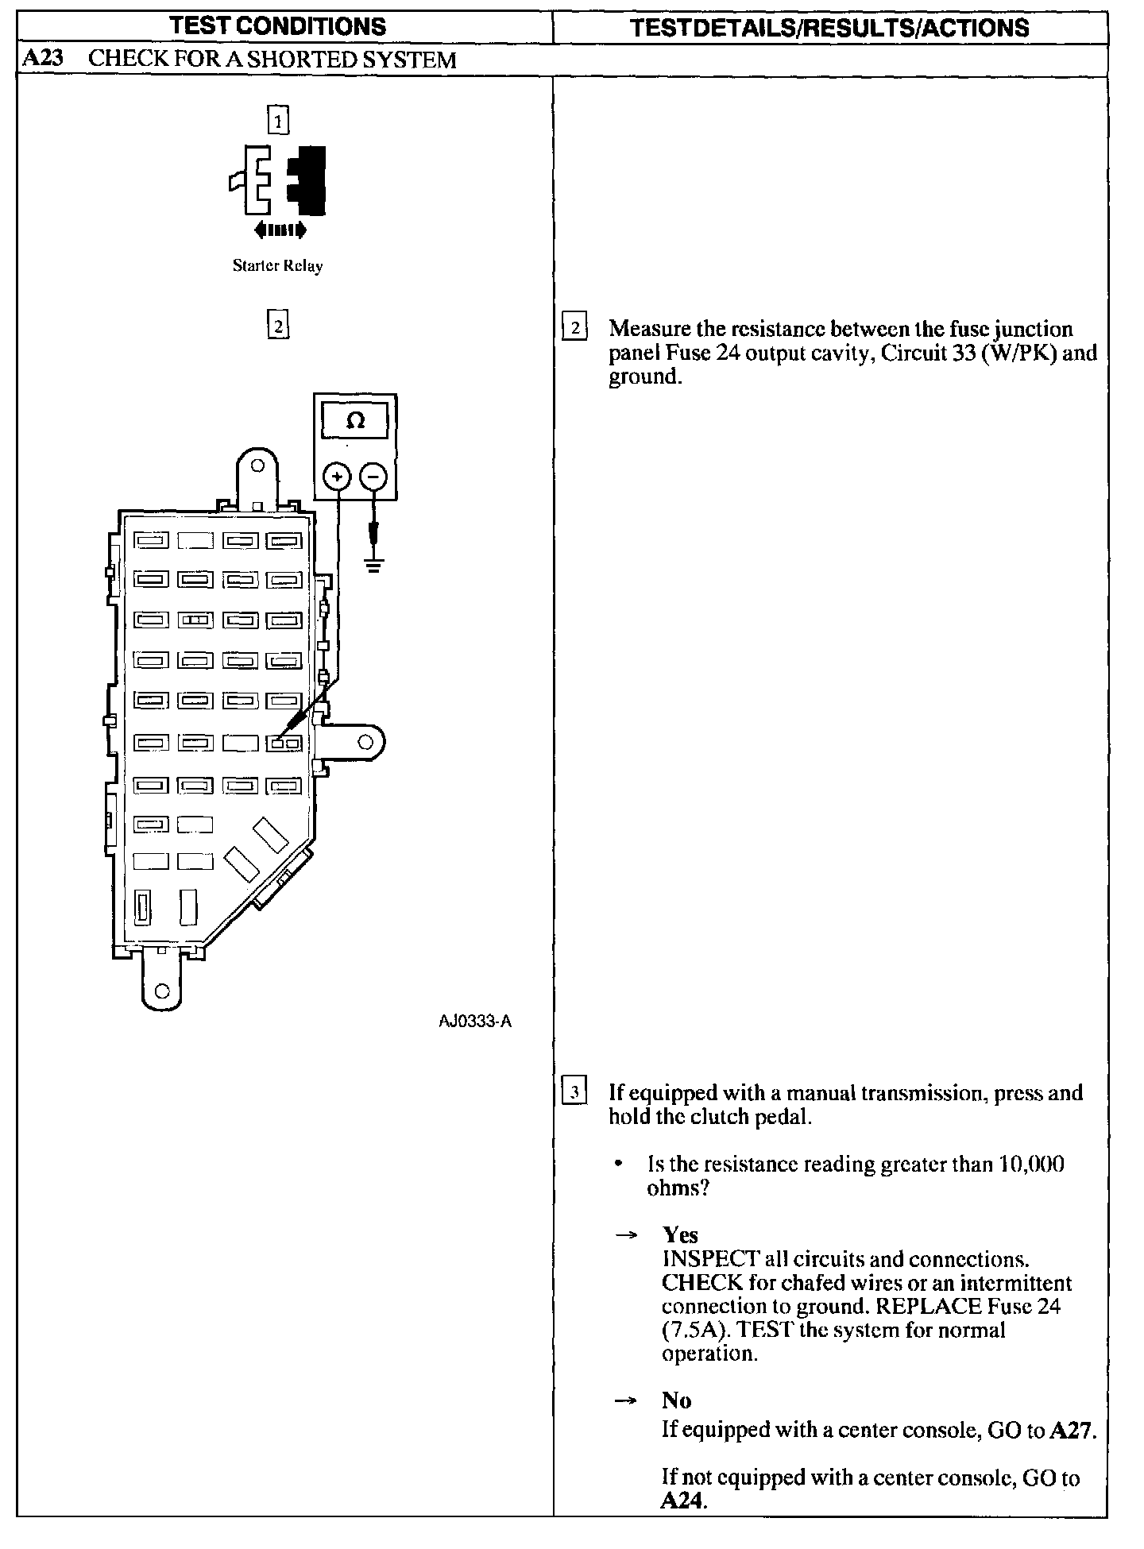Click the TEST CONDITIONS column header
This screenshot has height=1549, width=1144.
[x=278, y=26]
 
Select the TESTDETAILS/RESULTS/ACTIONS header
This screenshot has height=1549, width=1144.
[x=829, y=28]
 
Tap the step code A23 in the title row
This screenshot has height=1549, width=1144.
[x=42, y=59]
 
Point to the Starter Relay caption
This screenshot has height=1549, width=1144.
[x=277, y=266]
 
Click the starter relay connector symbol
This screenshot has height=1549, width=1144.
[x=278, y=180]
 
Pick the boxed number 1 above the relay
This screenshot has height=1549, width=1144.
[x=278, y=122]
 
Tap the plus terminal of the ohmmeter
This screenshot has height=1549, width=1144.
[x=338, y=477]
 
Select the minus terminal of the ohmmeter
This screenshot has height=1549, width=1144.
[x=373, y=477]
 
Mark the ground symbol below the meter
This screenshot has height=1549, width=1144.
[x=373, y=565]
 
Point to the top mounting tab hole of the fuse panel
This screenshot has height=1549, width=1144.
[x=257, y=466]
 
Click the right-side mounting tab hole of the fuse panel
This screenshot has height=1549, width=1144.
[x=365, y=743]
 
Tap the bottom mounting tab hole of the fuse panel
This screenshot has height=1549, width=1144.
[x=162, y=991]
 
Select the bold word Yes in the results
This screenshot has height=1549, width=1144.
[x=680, y=1235]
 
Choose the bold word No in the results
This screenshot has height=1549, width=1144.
[x=676, y=1400]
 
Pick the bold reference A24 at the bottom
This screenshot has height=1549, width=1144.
[x=683, y=1501]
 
